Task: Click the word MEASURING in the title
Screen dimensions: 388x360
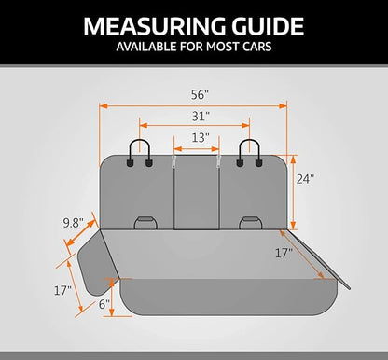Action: (x=155, y=26)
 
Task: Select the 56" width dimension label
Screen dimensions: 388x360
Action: (x=199, y=95)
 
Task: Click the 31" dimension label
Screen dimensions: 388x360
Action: (x=201, y=117)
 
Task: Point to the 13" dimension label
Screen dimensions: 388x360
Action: (x=201, y=137)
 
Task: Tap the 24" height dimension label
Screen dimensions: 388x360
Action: (x=305, y=179)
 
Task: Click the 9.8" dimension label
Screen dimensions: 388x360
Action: (x=73, y=223)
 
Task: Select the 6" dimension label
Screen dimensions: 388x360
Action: (x=104, y=304)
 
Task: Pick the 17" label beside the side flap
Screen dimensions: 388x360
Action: (x=62, y=290)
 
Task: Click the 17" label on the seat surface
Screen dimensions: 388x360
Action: (x=284, y=253)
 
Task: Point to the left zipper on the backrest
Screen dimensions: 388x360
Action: (x=174, y=161)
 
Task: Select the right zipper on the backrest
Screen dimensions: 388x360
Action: (x=218, y=161)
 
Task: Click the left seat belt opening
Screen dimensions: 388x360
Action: (x=145, y=223)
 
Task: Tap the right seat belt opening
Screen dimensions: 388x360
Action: (x=251, y=223)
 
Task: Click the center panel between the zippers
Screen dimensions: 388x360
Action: (x=197, y=193)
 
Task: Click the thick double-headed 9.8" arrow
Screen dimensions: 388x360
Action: (x=80, y=233)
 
